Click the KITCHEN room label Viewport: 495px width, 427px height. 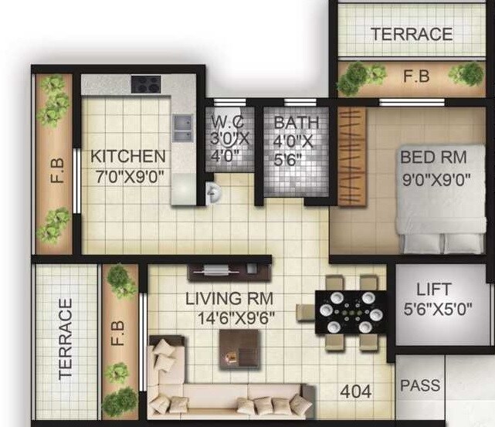click(127, 157)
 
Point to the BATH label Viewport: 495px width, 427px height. click(296, 122)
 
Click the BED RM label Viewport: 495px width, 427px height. click(433, 158)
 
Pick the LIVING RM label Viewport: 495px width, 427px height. click(229, 299)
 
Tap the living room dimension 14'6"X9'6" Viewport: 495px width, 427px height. click(229, 317)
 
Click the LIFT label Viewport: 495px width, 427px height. click(433, 290)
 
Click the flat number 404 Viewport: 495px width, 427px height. click(356, 391)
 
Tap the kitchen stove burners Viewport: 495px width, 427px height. click(145, 83)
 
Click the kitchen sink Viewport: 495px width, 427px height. click(183, 127)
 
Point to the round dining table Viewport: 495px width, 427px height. click(351, 312)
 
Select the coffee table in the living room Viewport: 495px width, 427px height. click(235, 345)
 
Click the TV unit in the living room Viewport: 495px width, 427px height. click(229, 272)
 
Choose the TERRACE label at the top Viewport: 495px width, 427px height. click(411, 34)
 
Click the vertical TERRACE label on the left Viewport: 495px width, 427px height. click(66, 339)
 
